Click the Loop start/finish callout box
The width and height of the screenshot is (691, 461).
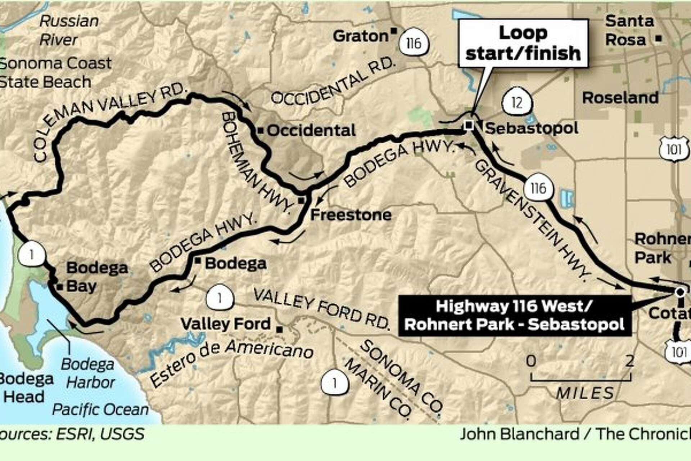523,43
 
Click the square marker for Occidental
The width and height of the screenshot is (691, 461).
261,131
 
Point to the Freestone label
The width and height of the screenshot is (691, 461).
351,215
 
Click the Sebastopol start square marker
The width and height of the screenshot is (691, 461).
469,125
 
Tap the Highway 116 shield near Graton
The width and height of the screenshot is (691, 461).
413,43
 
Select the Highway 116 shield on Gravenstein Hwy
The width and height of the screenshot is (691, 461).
538,188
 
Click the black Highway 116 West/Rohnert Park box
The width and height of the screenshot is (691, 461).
515,315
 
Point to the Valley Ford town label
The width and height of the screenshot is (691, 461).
225,324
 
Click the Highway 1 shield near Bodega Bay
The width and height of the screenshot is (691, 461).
32,255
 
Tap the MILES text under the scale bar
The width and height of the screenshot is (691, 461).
585,393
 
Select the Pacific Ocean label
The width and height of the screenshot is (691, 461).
100,409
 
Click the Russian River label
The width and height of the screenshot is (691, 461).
68,30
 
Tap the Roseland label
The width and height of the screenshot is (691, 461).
620,98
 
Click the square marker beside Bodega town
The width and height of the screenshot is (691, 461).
198,260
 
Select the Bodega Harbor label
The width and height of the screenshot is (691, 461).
88,373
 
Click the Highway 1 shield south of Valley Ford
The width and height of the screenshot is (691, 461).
334,383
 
